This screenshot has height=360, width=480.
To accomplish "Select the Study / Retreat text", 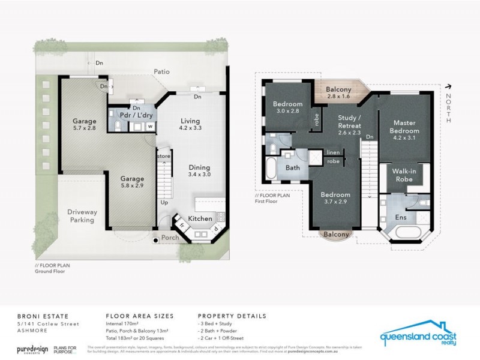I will (349, 130).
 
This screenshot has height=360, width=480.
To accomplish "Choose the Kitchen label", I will (200, 218).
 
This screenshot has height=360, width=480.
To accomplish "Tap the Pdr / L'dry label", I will (135, 115).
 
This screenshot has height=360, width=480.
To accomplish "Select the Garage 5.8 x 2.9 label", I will (132, 182).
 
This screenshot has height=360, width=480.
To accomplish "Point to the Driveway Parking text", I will (82, 216).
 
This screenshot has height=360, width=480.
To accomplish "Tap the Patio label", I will (161, 72).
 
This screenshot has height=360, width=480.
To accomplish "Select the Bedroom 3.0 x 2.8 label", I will (287, 107).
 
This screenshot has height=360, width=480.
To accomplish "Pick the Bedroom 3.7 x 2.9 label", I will (334, 199).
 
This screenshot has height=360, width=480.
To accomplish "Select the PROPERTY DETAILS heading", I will (232, 316).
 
